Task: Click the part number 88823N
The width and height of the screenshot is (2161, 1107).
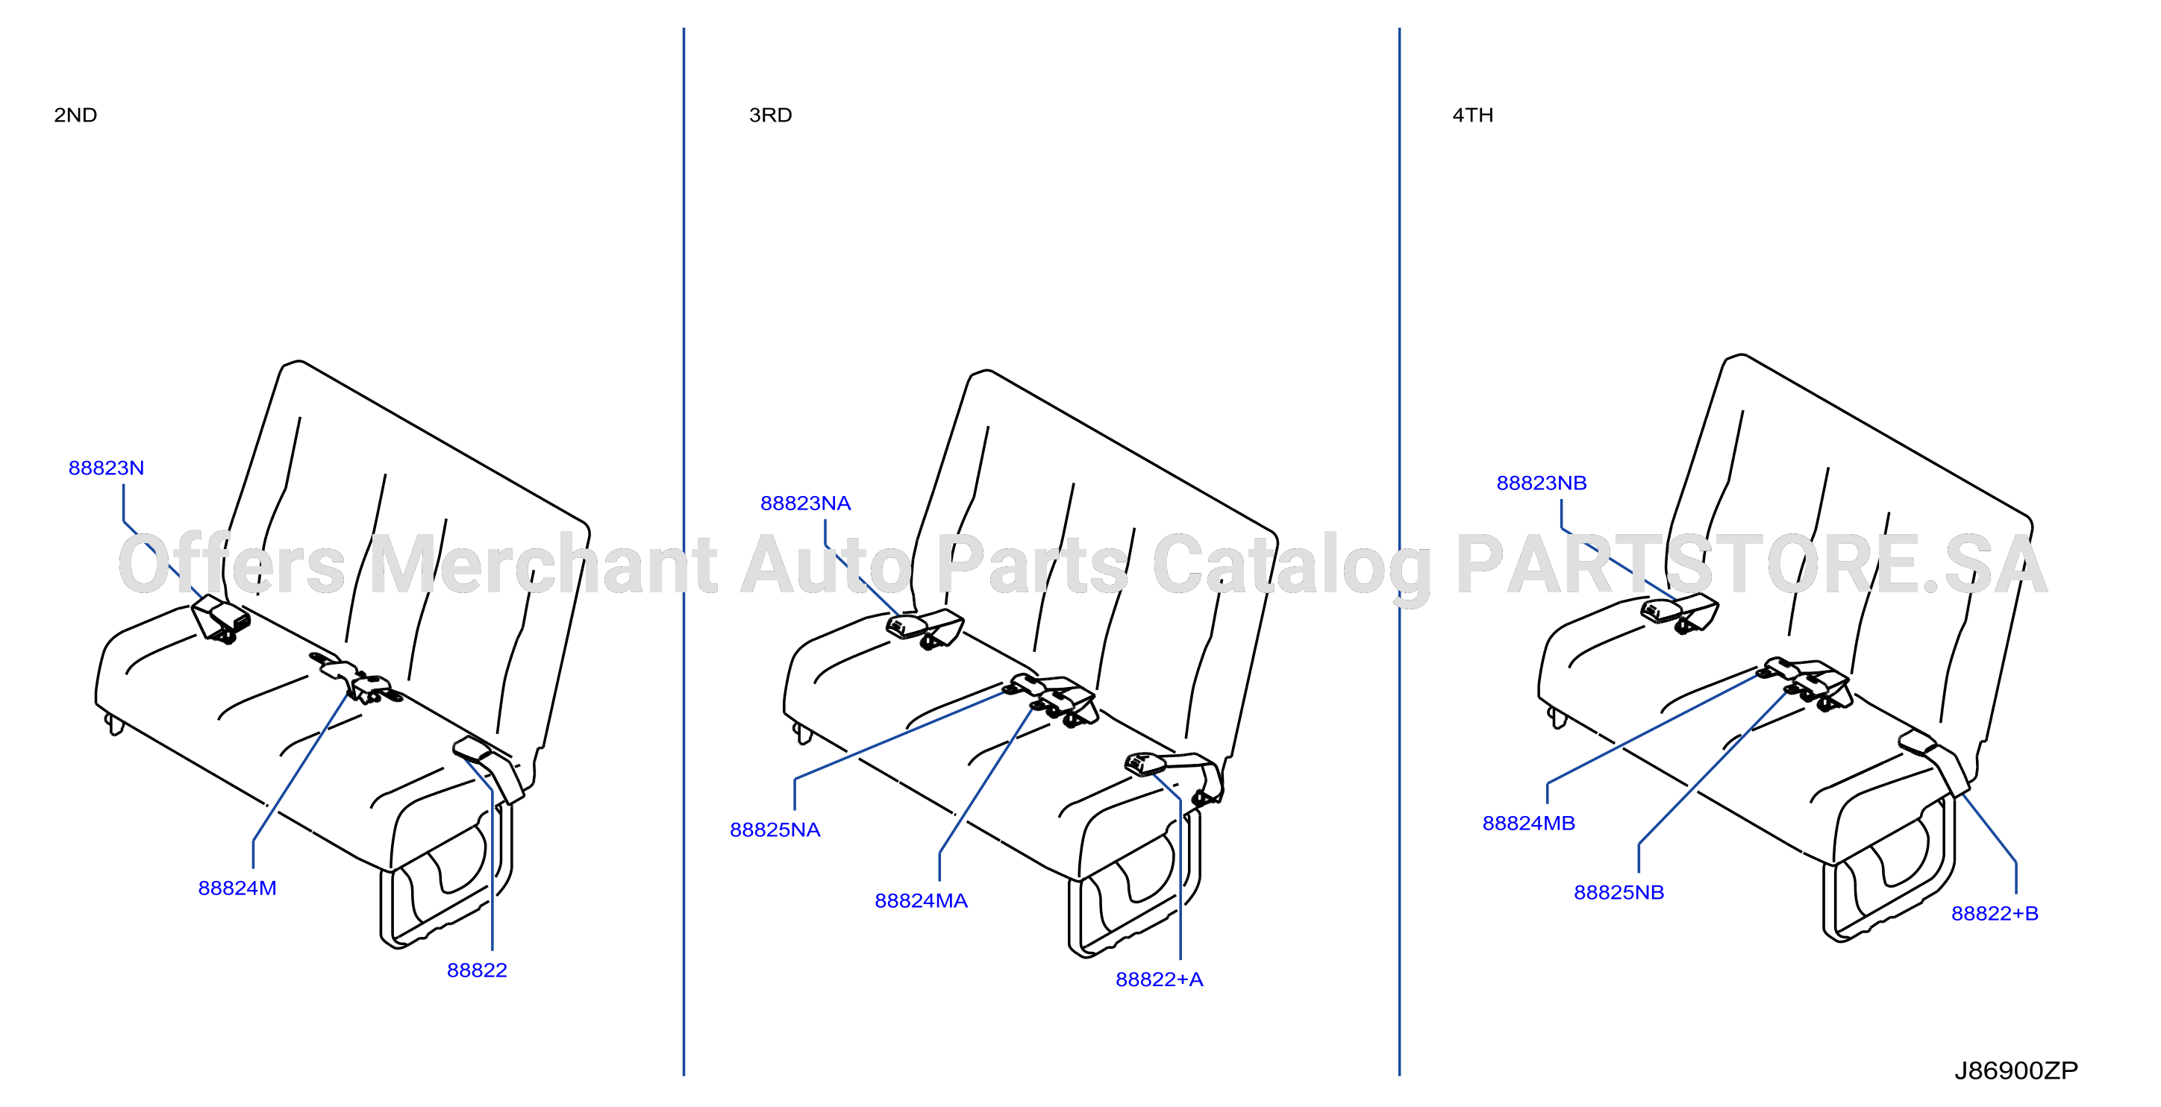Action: pos(106,468)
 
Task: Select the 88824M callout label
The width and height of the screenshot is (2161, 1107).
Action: pos(237,888)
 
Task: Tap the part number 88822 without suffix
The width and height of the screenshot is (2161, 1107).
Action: pos(478,970)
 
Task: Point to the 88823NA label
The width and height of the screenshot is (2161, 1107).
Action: pos(805,504)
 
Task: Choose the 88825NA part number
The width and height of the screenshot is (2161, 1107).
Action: pos(775,830)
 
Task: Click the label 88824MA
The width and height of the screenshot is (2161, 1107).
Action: pos(921,900)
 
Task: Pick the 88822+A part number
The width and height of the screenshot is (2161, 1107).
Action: pos(1160,979)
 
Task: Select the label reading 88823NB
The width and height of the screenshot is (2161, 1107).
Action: pos(1542,483)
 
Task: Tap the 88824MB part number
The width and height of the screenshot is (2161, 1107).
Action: pos(1528,824)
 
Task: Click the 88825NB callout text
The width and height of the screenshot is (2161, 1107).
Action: pos(1619,892)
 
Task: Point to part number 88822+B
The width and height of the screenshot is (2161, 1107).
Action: pos(1995,913)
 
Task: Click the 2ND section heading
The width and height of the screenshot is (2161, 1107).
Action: pos(75,115)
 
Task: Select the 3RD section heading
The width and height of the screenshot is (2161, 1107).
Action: pos(770,115)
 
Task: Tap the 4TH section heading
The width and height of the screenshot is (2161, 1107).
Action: pos(1473,115)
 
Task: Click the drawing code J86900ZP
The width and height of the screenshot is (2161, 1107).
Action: pos(2017,1071)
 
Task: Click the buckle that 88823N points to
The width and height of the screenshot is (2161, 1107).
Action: pos(221,619)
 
